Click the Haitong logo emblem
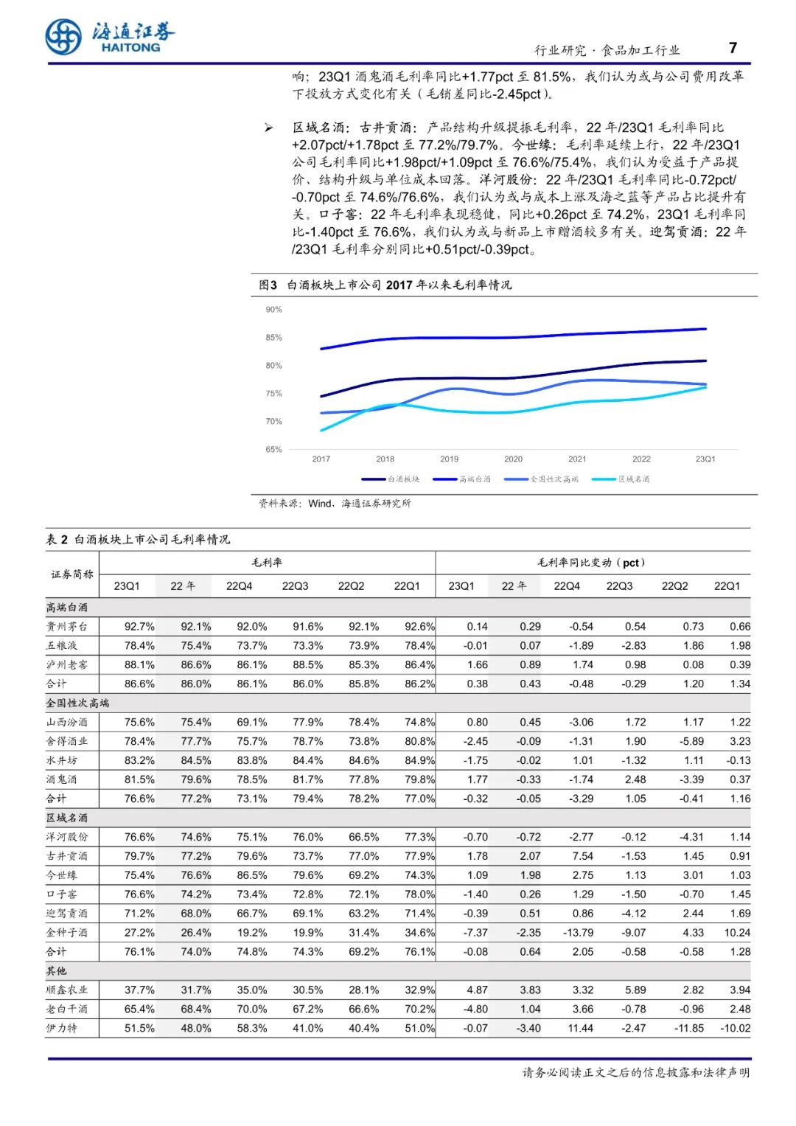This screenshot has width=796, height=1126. click(x=63, y=36)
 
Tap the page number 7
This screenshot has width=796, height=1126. click(x=733, y=48)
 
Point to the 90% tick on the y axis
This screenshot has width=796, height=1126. click(x=273, y=310)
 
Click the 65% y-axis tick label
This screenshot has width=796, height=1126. click(x=273, y=449)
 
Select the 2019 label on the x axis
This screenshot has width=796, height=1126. click(x=449, y=459)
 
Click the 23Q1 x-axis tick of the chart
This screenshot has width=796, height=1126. click(x=705, y=459)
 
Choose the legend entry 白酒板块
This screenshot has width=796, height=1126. click(x=391, y=479)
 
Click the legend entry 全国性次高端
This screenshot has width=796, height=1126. click(x=542, y=479)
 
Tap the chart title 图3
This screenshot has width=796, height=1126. click(x=268, y=285)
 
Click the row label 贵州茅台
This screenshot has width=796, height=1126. click(x=67, y=627)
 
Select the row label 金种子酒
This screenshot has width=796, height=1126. click(x=67, y=933)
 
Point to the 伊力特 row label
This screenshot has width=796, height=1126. click(x=62, y=1028)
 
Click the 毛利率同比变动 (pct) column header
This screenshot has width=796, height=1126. click(x=591, y=563)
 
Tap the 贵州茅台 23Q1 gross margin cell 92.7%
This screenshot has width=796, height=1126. click(x=139, y=627)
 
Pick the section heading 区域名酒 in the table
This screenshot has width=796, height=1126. click(x=67, y=818)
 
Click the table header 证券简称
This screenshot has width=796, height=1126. click(x=72, y=574)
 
